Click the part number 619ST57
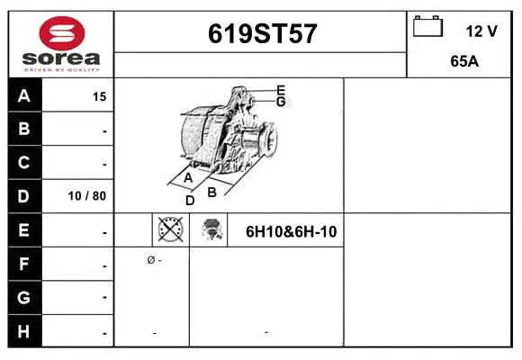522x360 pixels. [262, 33]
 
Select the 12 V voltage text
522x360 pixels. [481, 31]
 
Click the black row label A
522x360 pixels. [24, 96]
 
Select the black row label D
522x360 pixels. [24, 196]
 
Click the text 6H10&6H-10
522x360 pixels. [292, 231]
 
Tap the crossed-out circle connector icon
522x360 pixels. [170, 230]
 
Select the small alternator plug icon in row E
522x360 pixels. [211, 230]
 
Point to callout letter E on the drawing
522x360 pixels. [281, 89]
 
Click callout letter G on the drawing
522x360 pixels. [281, 102]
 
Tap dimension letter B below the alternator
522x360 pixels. [212, 191]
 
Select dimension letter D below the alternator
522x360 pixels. [190, 201]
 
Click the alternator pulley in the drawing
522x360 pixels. [266, 140]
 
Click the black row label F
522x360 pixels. [24, 265]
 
